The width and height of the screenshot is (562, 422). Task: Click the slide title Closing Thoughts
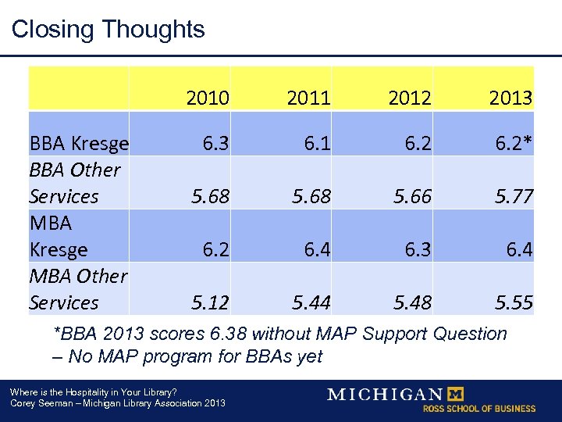tap(108, 30)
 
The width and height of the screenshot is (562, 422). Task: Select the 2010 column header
tap(208, 98)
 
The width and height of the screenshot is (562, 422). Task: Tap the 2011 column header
tap(308, 98)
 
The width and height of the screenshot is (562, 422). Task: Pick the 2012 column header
tap(409, 98)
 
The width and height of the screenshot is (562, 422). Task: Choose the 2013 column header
tap(510, 98)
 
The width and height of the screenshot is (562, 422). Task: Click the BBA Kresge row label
tap(78, 143)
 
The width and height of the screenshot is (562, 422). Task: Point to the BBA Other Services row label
tap(75, 183)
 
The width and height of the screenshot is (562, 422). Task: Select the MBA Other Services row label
tap(77, 289)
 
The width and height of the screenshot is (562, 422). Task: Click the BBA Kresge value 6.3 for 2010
tap(215, 143)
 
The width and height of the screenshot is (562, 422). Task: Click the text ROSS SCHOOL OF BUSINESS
tap(479, 409)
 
